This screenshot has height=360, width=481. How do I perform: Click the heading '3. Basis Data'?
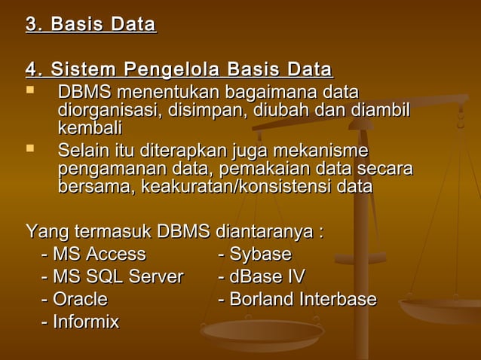pos(90,25)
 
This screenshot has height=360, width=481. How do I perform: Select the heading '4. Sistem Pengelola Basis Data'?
pos(179,71)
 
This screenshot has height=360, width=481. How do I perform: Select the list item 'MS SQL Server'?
pos(118,276)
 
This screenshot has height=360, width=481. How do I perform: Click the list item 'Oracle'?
pos(80,299)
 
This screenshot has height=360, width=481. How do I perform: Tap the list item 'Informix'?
pos(86,322)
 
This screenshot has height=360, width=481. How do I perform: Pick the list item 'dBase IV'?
pos(267,276)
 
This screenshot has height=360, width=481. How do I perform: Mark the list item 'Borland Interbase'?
pos(302,299)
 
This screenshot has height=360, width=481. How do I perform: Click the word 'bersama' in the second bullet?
pos(93,186)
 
